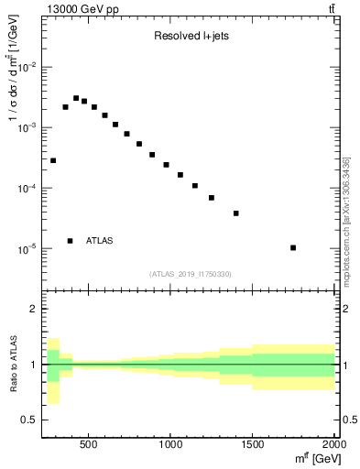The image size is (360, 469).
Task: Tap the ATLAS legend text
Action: point(100,241)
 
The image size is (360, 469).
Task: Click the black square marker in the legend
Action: point(71,241)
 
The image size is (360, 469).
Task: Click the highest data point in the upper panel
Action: point(77,98)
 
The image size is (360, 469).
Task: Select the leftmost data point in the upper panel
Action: point(53,160)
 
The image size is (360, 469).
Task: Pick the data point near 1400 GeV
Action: point(236,213)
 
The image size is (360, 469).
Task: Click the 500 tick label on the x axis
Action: point(89,445)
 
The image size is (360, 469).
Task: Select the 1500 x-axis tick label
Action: point(252,445)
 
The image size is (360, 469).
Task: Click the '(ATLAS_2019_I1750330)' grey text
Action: point(191,273)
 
